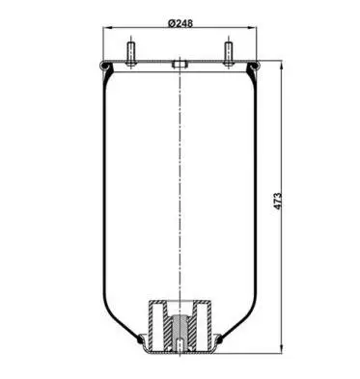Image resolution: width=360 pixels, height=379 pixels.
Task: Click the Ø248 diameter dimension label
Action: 180,23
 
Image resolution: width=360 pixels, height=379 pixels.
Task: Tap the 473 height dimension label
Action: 278,202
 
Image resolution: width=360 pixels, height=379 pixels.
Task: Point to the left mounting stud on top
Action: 131,54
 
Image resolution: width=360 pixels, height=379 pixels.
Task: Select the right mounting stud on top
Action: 229,54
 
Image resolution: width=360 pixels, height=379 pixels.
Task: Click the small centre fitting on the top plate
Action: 180,64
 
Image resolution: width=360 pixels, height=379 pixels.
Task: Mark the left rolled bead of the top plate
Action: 104,66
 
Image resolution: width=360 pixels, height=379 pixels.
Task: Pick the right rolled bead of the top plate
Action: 254,66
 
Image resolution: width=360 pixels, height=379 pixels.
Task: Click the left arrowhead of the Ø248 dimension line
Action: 107,28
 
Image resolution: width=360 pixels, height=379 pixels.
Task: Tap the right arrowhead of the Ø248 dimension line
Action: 252,28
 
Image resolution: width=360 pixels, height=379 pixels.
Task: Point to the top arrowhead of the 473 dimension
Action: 282,66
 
